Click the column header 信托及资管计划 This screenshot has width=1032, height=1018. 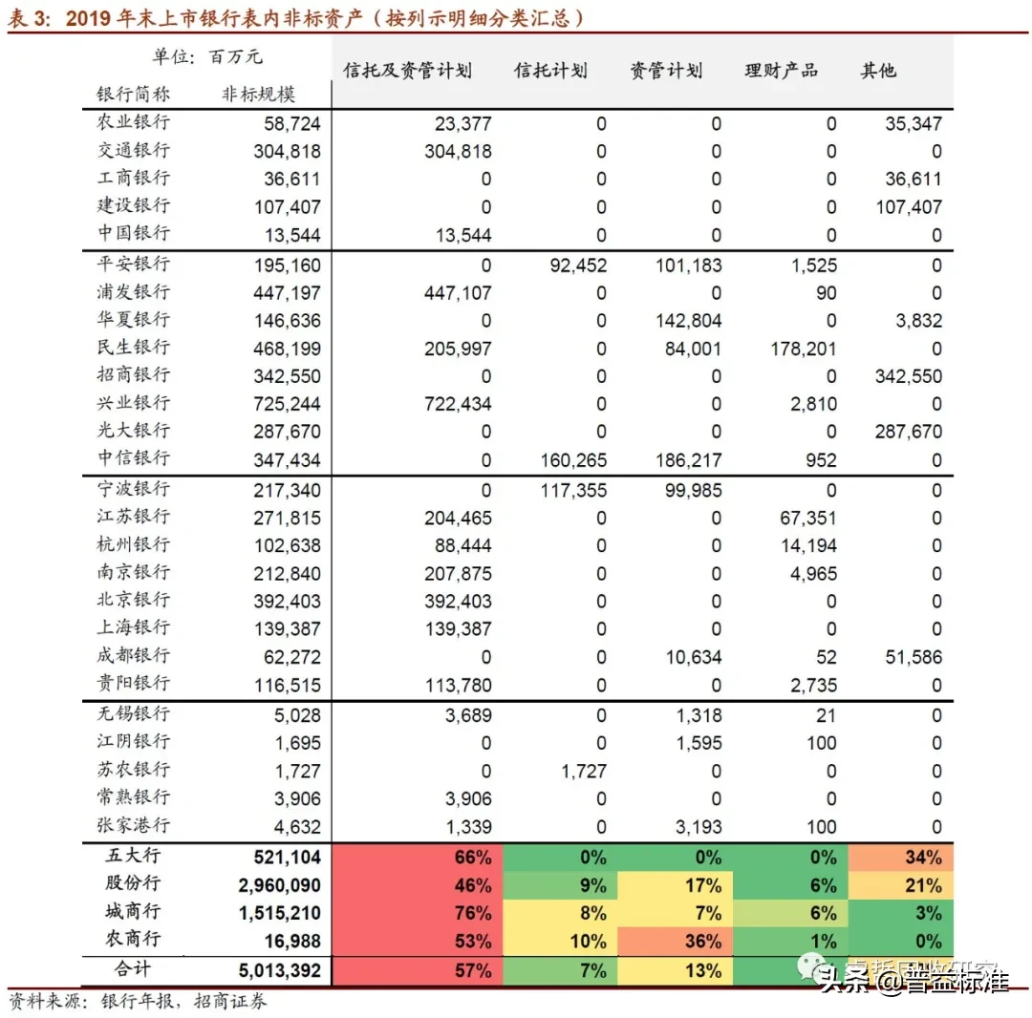coord(408,71)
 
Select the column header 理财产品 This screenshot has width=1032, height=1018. coord(782,71)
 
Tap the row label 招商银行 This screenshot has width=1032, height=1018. coord(134,374)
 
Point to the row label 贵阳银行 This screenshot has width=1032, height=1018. coord(134,684)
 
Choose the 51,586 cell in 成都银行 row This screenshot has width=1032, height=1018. coord(909,657)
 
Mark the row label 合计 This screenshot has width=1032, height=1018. coord(133,968)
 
